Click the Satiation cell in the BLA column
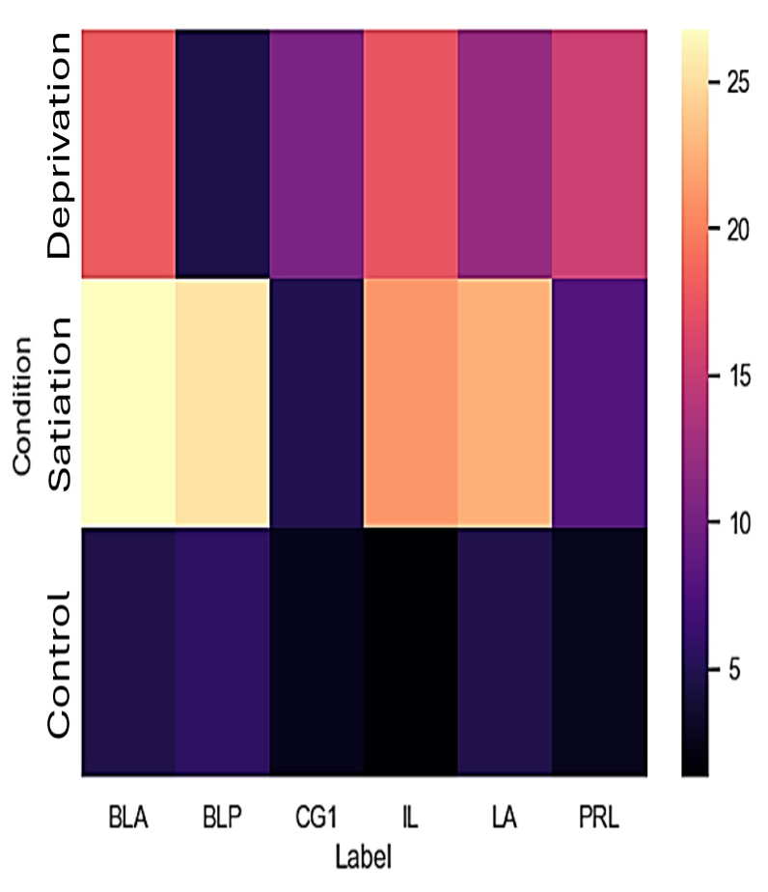click(x=128, y=403)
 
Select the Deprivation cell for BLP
click(x=222, y=154)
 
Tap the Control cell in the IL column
click(x=410, y=651)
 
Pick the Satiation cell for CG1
click(x=315, y=403)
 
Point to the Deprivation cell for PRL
click(x=598, y=154)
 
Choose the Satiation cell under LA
click(x=504, y=403)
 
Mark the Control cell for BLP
click(x=222, y=651)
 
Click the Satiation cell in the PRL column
click(x=598, y=403)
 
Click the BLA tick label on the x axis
click(x=128, y=820)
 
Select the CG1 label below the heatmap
click(x=315, y=820)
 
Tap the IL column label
click(x=410, y=820)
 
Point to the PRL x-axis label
click(x=598, y=820)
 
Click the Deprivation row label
click(x=58, y=147)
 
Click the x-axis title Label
click(x=363, y=855)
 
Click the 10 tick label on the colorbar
click(x=734, y=522)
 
